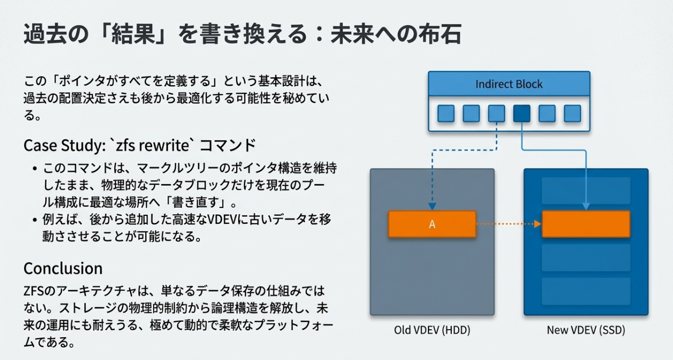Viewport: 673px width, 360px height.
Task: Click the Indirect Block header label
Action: point(509,84)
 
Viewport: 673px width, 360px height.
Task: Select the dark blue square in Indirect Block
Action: point(521,113)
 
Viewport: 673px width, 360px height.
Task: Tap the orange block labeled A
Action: point(432,224)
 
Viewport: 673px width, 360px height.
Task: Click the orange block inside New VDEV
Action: point(586,224)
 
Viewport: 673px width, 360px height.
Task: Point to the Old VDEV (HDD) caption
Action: point(432,330)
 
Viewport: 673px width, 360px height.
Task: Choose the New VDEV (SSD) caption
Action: point(586,330)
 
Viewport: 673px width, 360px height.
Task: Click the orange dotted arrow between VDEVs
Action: point(508,224)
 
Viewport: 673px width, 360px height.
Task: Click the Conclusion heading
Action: point(63,267)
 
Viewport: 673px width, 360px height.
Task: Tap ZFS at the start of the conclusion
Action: point(34,291)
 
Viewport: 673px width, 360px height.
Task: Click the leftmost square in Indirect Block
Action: point(446,113)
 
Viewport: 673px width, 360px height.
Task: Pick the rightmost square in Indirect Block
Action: point(572,113)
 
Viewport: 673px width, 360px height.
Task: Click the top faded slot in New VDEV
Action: point(586,190)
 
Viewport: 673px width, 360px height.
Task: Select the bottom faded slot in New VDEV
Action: point(586,291)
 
